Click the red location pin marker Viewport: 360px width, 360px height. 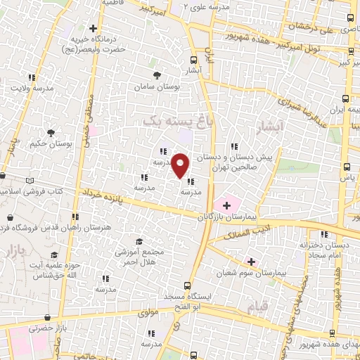[181, 166]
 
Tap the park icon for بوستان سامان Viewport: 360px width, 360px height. [156, 74]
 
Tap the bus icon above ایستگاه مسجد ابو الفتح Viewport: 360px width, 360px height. [186, 285]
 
